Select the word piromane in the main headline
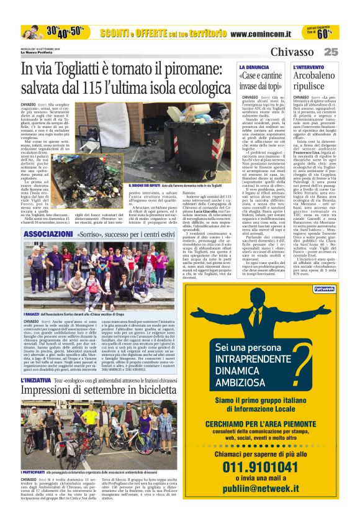click(x=189, y=72)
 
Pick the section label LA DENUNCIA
click(x=254, y=66)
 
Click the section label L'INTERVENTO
click(x=309, y=66)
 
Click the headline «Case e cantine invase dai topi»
click(x=260, y=81)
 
